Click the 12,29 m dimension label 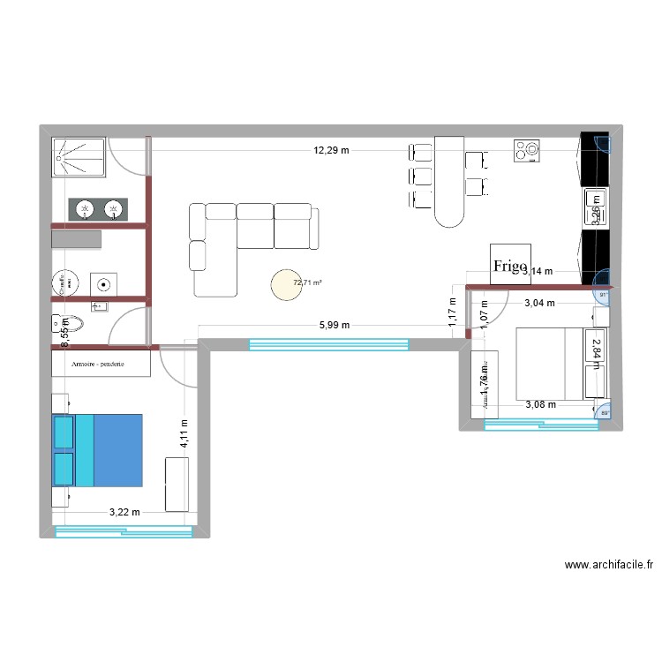(x=331, y=150)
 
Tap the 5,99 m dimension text (x=334, y=325)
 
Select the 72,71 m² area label (x=308, y=282)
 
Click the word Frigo (x=510, y=265)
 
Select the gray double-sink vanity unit (x=99, y=208)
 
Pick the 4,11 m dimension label (x=184, y=433)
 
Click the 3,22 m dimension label (x=124, y=512)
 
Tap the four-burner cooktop (x=528, y=151)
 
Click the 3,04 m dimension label (x=539, y=303)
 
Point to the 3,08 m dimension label (x=541, y=405)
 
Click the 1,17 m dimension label (x=452, y=315)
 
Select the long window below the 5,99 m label (x=328, y=344)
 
